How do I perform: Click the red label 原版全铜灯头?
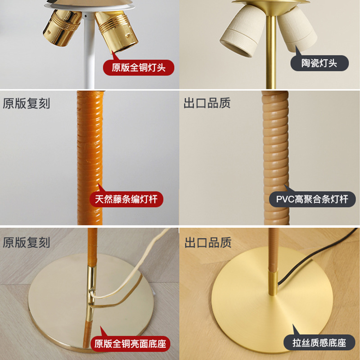tap(139, 67)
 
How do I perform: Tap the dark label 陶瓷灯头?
tap(319, 63)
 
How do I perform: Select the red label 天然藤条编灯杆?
tap(126, 199)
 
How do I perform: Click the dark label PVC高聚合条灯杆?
tap(312, 199)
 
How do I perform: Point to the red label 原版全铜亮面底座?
tap(130, 344)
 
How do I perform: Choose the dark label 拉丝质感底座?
tap(319, 342)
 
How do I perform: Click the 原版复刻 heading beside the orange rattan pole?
tap(27, 103)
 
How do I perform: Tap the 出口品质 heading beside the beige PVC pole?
tap(207, 103)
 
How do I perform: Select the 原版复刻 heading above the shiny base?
tap(27, 243)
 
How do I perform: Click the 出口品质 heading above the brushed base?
tap(208, 243)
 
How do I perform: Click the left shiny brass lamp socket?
tap(62, 27)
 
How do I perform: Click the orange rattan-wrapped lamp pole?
tap(90, 158)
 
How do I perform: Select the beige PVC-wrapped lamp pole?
tap(275, 158)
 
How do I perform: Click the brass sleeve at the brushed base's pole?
tap(273, 283)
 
